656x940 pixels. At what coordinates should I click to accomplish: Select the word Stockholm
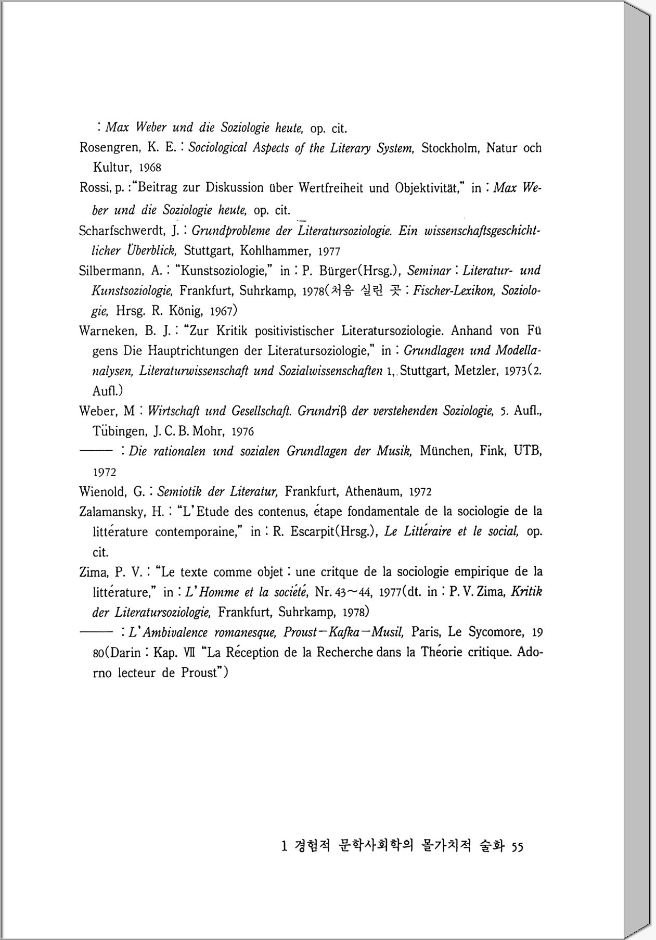450,148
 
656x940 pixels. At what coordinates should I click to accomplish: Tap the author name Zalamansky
110,512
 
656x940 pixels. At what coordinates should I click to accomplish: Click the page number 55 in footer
517,847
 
